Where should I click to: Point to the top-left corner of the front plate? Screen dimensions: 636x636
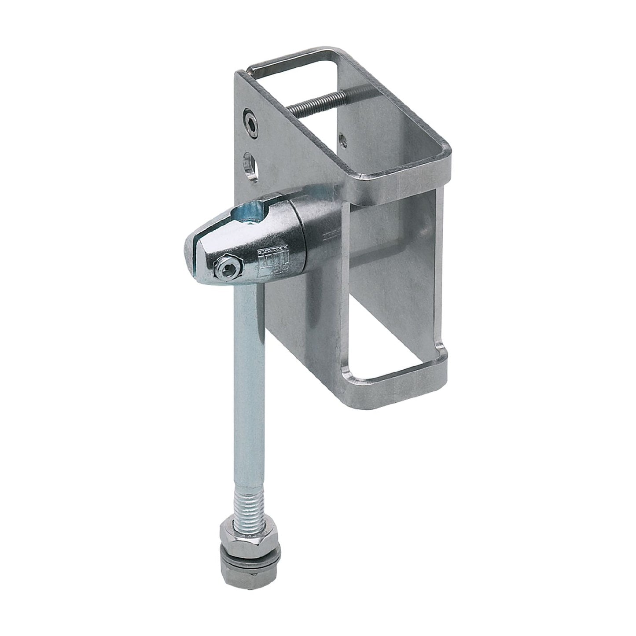click(x=238, y=75)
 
